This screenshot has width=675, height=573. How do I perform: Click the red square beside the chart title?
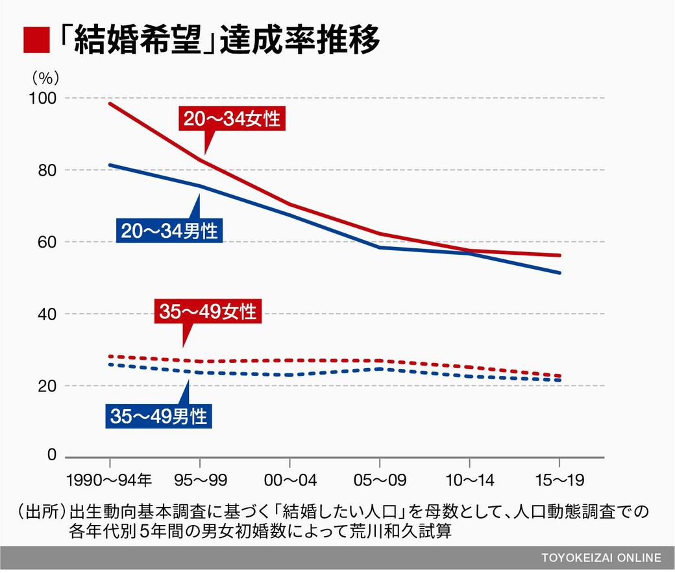click(x=37, y=41)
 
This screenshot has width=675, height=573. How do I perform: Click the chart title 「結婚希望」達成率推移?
click(x=217, y=41)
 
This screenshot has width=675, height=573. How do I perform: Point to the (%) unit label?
click(x=45, y=77)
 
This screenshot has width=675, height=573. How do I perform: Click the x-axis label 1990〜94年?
click(x=109, y=480)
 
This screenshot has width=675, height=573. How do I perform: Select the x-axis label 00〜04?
click(x=289, y=480)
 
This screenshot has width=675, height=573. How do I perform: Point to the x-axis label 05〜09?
click(x=379, y=480)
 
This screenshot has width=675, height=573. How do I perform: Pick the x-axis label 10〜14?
click(x=469, y=480)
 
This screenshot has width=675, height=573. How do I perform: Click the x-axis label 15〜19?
click(x=559, y=480)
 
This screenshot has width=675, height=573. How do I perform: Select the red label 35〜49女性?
click(x=208, y=312)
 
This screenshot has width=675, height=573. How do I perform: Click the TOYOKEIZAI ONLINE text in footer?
click(x=601, y=558)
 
